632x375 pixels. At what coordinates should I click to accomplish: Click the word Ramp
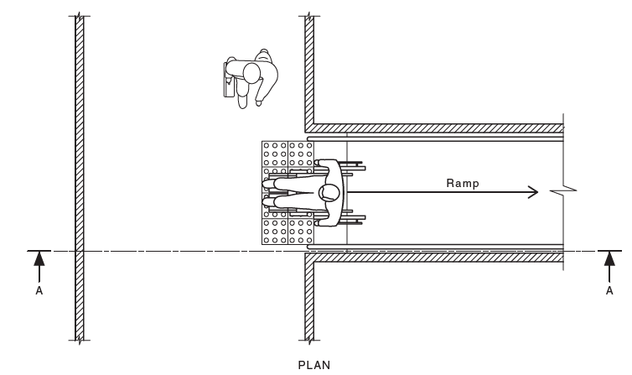(463, 183)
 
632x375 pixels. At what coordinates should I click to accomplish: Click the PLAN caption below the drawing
(316, 364)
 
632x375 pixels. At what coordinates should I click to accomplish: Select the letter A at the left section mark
(39, 290)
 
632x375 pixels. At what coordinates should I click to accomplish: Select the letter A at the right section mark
(609, 290)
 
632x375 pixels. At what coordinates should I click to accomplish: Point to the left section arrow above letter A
(39, 263)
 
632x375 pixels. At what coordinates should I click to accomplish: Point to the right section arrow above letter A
(609, 263)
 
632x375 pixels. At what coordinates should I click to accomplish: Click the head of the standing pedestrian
(251, 73)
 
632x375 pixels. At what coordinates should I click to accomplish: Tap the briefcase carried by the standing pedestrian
(227, 80)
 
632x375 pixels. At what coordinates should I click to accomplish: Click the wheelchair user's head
(329, 193)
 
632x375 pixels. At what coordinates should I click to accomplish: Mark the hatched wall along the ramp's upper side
(436, 128)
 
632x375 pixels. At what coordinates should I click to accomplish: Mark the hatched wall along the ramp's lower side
(436, 258)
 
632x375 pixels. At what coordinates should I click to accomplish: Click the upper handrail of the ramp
(436, 138)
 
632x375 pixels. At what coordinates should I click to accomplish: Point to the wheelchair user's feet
(267, 193)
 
